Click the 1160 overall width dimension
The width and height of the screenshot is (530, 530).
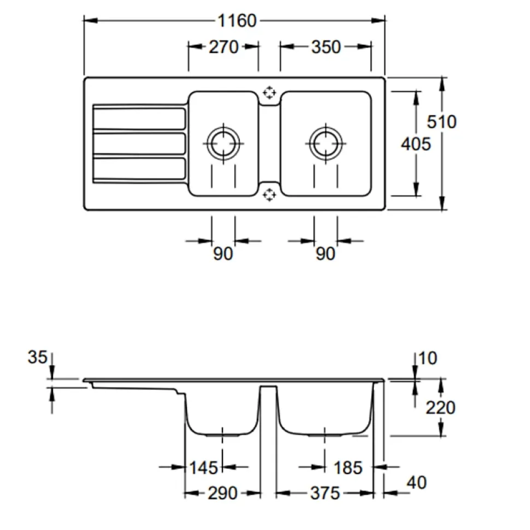237,21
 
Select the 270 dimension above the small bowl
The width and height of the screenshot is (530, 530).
223,47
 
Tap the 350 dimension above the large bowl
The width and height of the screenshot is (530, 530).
326,47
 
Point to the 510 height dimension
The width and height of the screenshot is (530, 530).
441,121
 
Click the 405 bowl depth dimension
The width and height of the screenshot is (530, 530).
416,144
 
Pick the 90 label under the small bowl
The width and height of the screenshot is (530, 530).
223,254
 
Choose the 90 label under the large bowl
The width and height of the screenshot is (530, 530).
325,254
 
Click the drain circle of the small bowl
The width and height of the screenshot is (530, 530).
223,144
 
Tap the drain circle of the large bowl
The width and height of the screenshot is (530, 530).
325,144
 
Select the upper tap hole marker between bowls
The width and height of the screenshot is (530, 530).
269,92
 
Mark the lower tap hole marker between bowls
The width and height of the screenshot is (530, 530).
269,194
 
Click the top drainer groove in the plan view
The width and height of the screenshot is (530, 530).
139,118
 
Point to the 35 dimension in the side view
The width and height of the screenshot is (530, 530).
37,358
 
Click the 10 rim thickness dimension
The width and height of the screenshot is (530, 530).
429,358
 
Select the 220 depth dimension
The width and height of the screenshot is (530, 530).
440,407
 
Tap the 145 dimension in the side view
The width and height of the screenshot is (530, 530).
203,467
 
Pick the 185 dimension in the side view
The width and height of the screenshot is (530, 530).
348,467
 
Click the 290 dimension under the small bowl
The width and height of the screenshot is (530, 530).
223,493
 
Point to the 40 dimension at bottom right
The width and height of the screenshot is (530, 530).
416,483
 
